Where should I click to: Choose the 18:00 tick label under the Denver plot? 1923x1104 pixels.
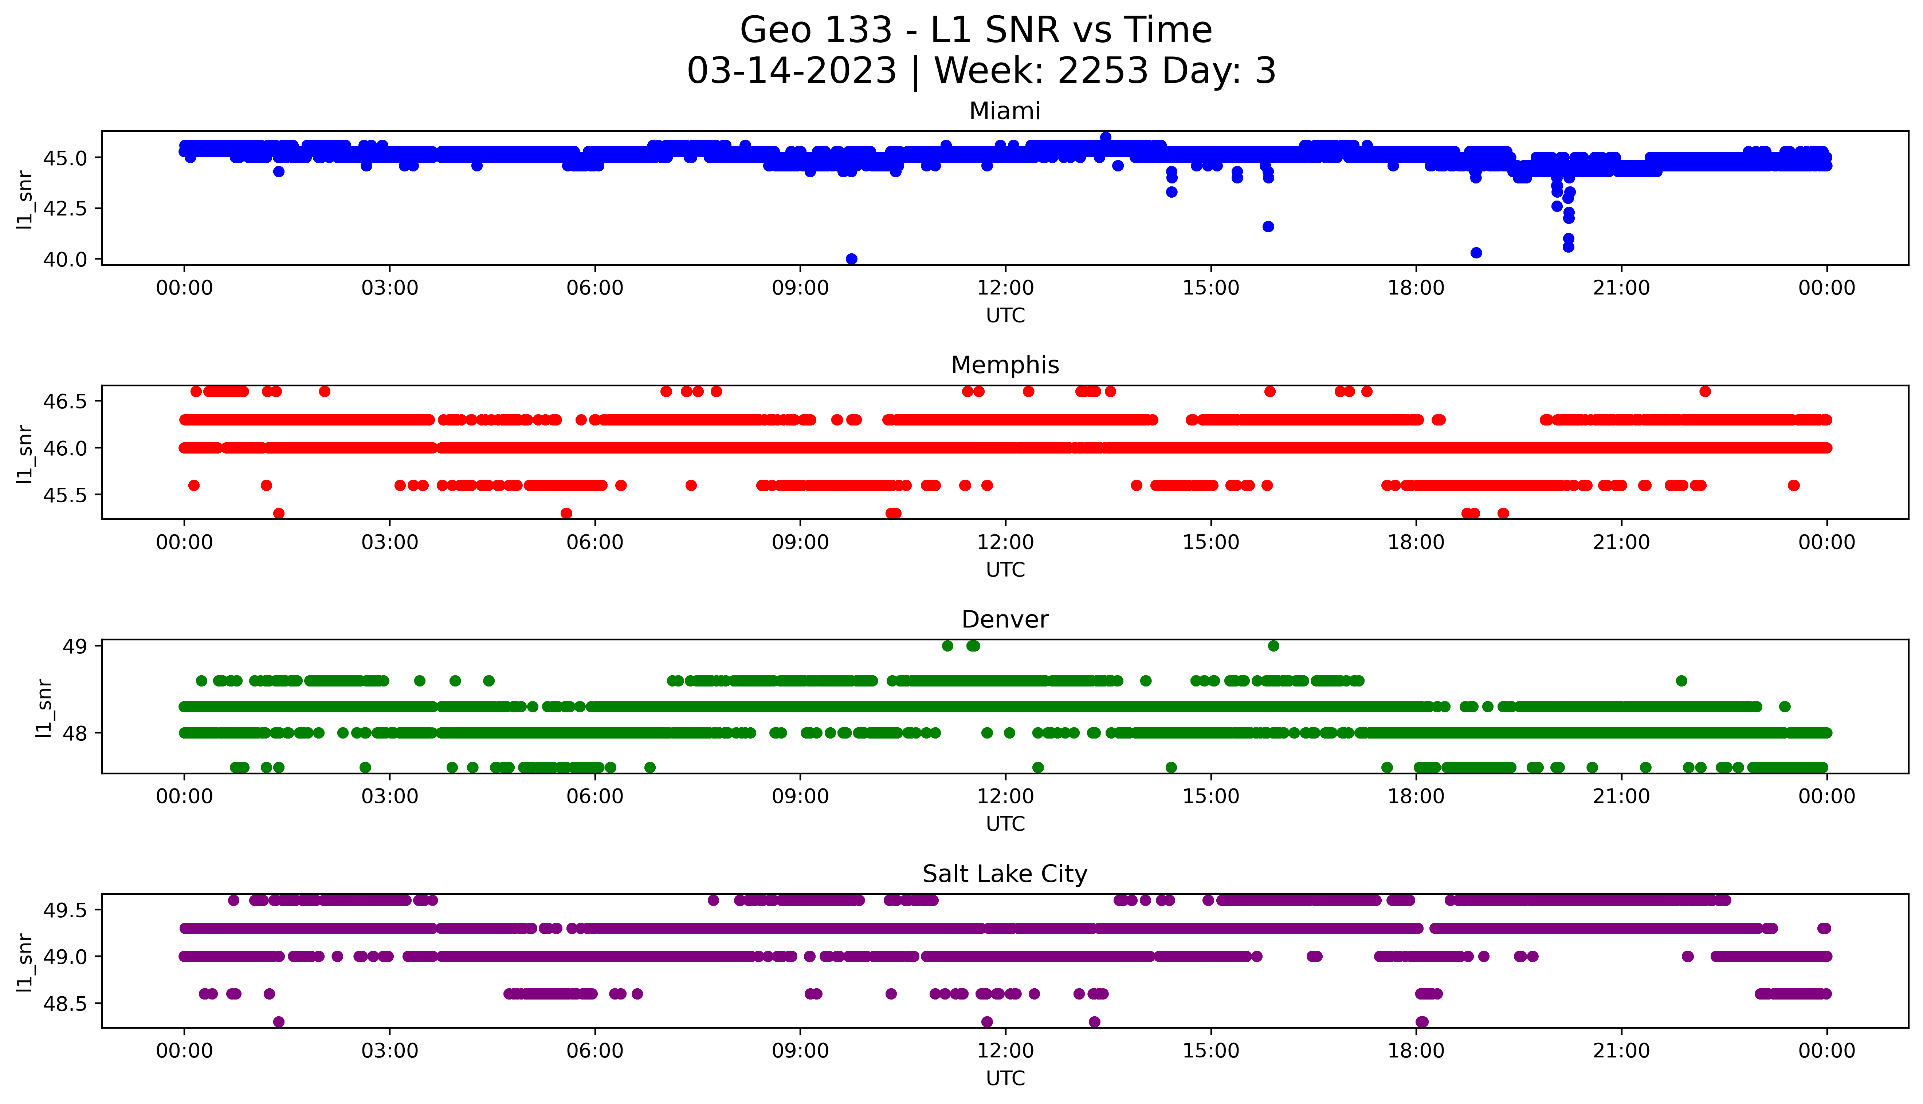click(x=1416, y=797)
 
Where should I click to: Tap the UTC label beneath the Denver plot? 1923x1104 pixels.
click(x=1005, y=824)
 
